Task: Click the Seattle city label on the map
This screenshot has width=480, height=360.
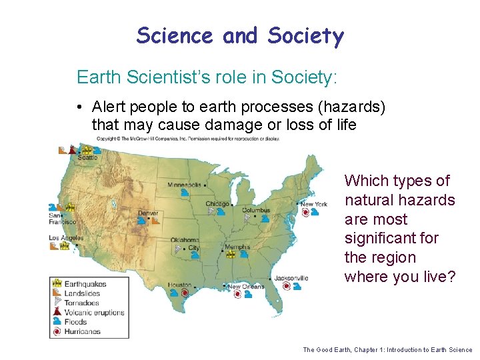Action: (87, 158)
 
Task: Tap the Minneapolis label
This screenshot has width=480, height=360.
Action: (185, 184)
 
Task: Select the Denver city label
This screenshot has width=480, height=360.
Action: (147, 213)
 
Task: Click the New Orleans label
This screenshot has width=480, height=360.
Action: (246, 287)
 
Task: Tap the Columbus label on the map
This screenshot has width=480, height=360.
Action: (255, 210)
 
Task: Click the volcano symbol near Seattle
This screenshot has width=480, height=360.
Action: (72, 150)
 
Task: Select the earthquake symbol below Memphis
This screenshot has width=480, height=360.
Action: (230, 254)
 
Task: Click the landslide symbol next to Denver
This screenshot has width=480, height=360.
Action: (153, 221)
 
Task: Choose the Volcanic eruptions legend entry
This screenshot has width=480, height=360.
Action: (93, 313)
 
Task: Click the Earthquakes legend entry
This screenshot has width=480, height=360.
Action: (85, 284)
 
